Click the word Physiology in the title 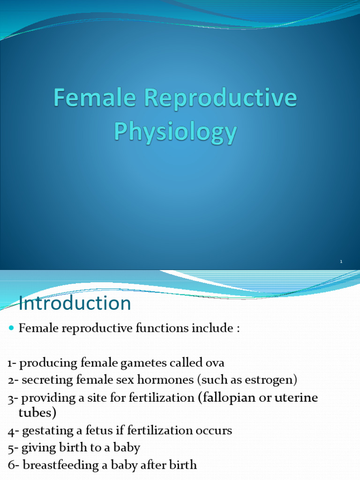tap(175, 132)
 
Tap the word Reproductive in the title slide tap(220, 99)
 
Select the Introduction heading tap(75, 303)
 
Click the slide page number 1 tap(341, 262)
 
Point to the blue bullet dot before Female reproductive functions tap(12, 329)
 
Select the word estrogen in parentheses tap(273, 379)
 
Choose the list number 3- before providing tap(13, 398)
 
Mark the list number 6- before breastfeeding tap(13, 465)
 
